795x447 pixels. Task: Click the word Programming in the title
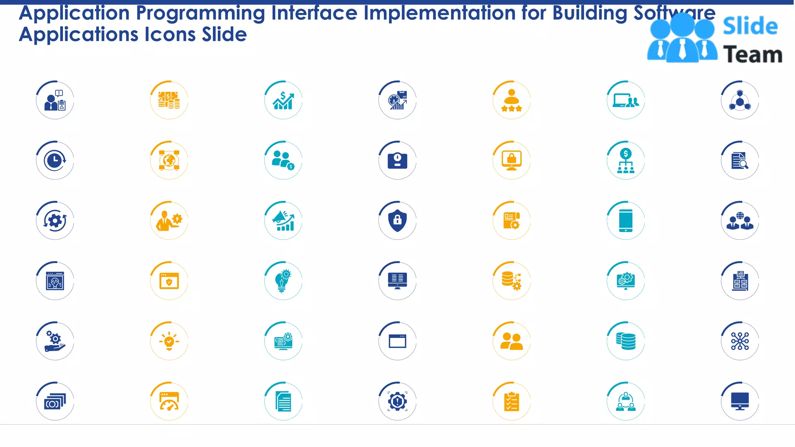tap(200, 13)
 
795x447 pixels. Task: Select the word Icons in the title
tap(170, 35)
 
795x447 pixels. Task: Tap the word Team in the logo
tap(752, 55)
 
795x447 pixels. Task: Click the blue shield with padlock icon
tap(397, 220)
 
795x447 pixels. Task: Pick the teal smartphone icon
tap(625, 220)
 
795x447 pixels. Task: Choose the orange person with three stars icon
tap(511, 100)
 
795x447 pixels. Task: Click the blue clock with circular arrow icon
tap(55, 160)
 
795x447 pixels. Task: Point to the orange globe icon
tap(169, 160)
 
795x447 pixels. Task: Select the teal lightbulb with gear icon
tap(283, 281)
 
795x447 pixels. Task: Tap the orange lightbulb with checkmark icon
tap(169, 341)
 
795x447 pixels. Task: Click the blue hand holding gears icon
tap(55, 341)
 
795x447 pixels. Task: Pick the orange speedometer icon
tap(169, 401)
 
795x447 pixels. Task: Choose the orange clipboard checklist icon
tap(511, 401)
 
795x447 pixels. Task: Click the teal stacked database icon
tap(625, 341)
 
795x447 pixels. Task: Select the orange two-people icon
tap(511, 341)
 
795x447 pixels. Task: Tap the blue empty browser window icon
tap(397, 341)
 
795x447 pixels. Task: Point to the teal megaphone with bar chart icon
tap(283, 220)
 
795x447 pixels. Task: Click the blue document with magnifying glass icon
tap(739, 160)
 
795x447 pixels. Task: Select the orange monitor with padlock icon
tap(511, 160)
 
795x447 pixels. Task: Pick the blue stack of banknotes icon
tap(55, 401)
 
